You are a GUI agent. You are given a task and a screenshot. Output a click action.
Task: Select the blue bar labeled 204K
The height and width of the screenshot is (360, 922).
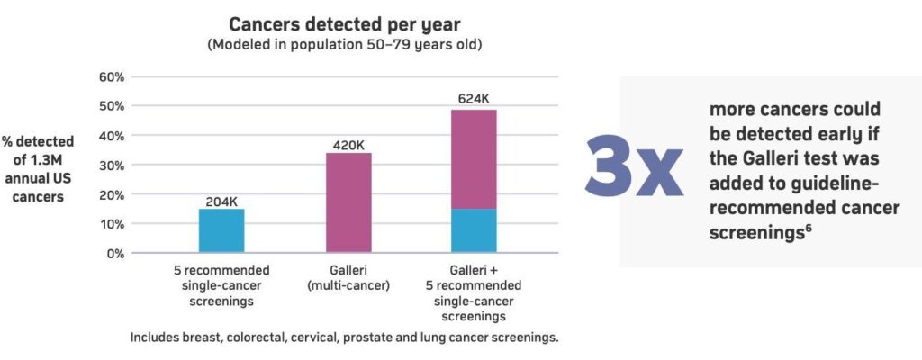point(221,230)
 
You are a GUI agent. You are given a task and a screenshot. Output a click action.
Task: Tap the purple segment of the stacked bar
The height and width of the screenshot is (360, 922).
point(475,159)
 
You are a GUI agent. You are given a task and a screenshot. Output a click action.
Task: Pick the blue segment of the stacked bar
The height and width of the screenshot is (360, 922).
point(475,230)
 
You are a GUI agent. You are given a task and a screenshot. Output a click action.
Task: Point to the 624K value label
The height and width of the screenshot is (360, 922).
point(475,98)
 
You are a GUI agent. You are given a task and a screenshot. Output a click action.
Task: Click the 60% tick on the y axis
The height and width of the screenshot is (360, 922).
point(110,77)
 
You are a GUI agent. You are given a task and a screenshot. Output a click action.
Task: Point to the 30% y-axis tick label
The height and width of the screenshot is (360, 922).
point(110,166)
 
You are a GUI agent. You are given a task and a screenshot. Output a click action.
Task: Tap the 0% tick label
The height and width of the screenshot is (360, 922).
point(114,253)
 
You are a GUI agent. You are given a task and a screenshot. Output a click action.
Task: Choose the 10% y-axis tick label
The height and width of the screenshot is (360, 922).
point(110,224)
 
